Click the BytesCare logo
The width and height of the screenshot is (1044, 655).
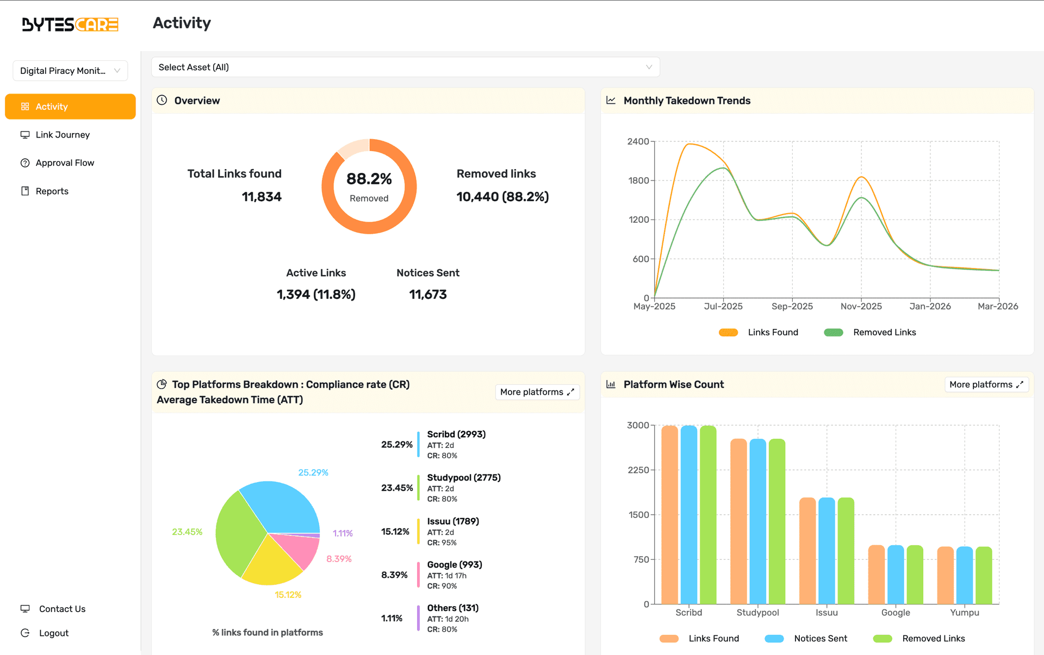[70, 24]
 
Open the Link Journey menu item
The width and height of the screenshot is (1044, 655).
[63, 135]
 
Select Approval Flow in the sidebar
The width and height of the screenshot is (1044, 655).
[65, 163]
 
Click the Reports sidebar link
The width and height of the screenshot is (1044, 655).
[52, 191]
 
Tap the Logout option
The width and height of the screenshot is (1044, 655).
[53, 633]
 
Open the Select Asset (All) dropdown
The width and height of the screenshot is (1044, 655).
[405, 67]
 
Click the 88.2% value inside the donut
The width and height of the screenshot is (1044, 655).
[369, 179]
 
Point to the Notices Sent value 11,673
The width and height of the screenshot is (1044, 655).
[428, 295]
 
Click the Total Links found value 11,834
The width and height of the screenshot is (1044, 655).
[262, 197]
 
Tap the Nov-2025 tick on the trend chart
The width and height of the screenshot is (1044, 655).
[861, 306]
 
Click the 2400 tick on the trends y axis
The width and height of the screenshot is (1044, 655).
[638, 141]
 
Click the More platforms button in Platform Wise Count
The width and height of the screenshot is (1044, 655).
[986, 385]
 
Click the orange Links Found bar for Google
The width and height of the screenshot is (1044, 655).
[876, 575]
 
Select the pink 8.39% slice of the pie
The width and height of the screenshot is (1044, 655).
[302, 549]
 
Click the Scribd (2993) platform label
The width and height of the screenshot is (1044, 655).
[456, 434]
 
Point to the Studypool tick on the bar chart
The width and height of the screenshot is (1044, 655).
[757, 613]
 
